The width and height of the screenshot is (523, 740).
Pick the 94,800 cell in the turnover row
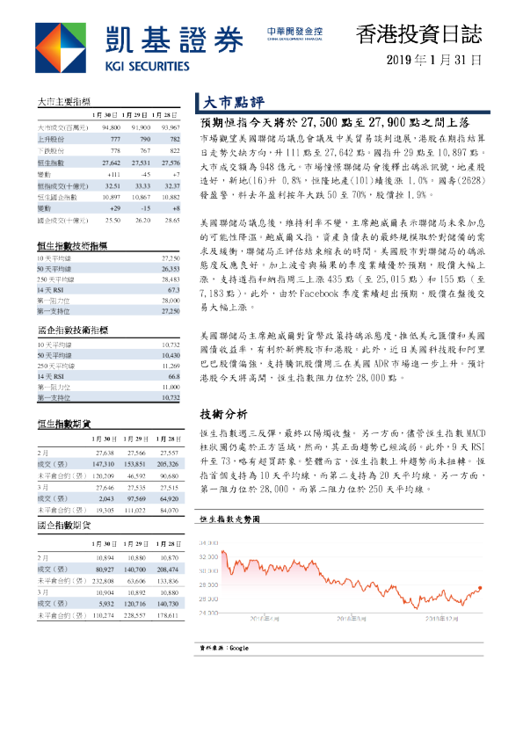pyautogui.click(x=106, y=127)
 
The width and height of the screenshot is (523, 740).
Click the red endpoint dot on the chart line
pyautogui.click(x=481, y=588)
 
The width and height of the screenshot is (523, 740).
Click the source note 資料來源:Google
pyautogui.click(x=226, y=648)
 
